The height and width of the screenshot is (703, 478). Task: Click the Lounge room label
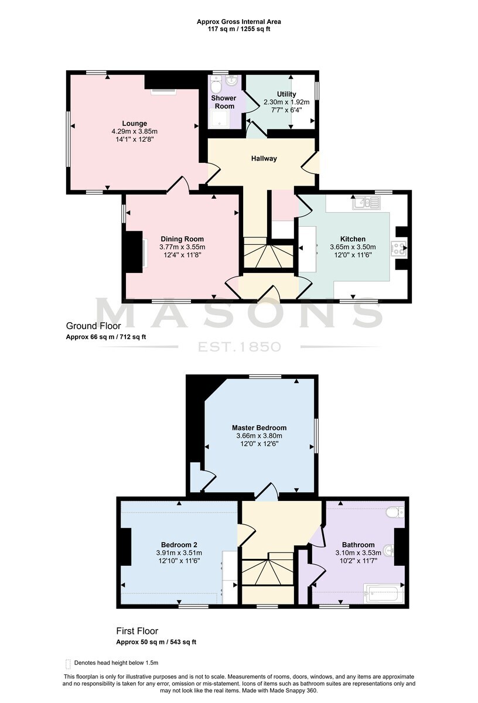(134, 124)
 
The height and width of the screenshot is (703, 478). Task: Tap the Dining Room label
(182, 239)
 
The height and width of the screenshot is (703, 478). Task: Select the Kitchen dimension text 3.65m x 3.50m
(353, 247)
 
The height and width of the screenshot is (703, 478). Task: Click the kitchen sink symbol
(366, 203)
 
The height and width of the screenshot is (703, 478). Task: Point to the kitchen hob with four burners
(399, 248)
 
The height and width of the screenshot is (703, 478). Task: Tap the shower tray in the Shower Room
(220, 120)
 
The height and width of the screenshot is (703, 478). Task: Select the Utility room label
(286, 94)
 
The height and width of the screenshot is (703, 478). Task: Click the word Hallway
(264, 159)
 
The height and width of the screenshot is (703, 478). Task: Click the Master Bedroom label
(259, 428)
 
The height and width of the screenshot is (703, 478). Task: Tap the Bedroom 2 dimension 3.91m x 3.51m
(179, 560)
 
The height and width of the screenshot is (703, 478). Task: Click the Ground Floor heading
(93, 326)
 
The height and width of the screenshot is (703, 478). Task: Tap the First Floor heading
(137, 631)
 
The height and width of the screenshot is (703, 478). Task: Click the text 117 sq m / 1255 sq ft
(239, 29)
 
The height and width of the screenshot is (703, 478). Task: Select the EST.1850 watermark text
(239, 347)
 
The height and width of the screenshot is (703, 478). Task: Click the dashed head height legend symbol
(68, 663)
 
